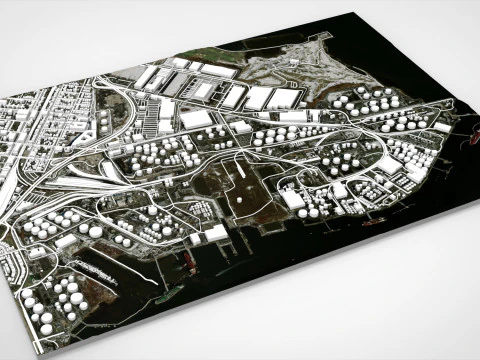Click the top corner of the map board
click(x=357, y=13)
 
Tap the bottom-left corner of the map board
click(x=37, y=352)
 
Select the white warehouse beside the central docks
click(x=214, y=234)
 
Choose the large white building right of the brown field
click(x=293, y=198)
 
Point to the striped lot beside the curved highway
click(x=92, y=186)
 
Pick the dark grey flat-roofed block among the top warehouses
click(x=171, y=86)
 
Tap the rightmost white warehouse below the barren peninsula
click(x=283, y=98)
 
